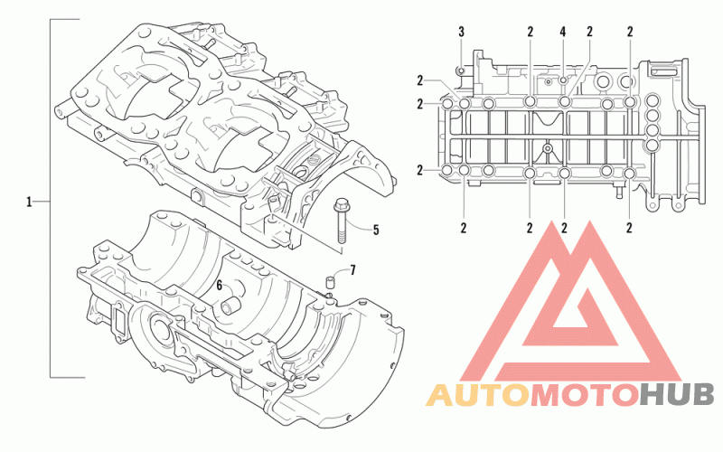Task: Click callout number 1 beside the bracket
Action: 29,202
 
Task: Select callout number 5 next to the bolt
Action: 376,230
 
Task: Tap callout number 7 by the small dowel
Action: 352,269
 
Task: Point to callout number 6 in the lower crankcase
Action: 220,286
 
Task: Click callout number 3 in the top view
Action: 462,32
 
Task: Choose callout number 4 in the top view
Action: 562,32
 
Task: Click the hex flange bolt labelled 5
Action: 342,221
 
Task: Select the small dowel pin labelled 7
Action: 331,282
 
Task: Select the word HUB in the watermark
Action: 678,395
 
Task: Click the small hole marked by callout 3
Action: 461,71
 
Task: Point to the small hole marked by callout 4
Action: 563,80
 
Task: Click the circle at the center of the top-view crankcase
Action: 548,148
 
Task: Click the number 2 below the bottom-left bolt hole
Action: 464,228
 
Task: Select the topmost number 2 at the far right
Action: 630,32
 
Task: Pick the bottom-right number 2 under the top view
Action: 629,228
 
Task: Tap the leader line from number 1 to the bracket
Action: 42,202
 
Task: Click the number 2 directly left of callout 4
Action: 531,32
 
